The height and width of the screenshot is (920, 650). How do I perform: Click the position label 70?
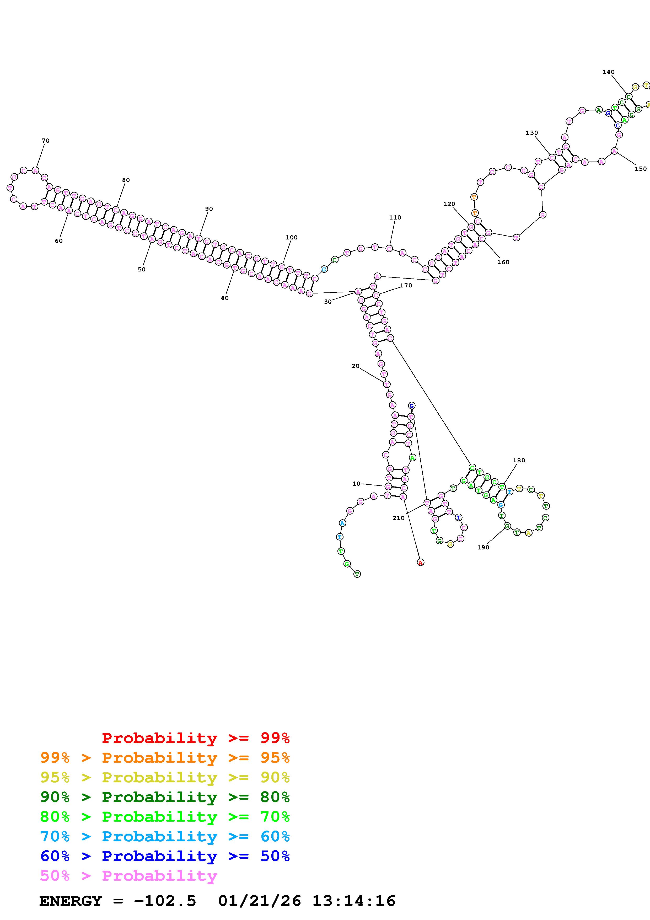pyautogui.click(x=46, y=141)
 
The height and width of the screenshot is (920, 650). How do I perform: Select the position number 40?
pyautogui.click(x=225, y=298)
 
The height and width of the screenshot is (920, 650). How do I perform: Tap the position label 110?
pyautogui.click(x=395, y=218)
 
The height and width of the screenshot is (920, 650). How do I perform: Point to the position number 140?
pyautogui.click(x=608, y=72)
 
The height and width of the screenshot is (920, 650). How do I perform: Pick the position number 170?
pyautogui.click(x=406, y=285)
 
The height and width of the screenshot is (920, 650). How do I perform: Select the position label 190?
pyautogui.click(x=483, y=547)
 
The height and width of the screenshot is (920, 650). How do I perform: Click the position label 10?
pyautogui.click(x=356, y=484)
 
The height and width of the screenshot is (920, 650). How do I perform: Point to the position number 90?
pyautogui.click(x=209, y=209)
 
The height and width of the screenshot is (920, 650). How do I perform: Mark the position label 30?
pyautogui.click(x=327, y=302)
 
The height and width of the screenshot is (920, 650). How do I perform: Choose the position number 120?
pyautogui.click(x=449, y=204)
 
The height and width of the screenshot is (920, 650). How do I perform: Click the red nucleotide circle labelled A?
pyautogui.click(x=420, y=563)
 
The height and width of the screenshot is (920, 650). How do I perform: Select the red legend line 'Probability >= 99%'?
pyautogui.click(x=195, y=738)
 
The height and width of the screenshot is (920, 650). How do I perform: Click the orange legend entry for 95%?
pyautogui.click(x=165, y=758)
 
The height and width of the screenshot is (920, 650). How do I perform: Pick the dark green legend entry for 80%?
pyautogui.click(x=165, y=797)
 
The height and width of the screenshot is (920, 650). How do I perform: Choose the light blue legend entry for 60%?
pyautogui.click(x=165, y=837)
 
